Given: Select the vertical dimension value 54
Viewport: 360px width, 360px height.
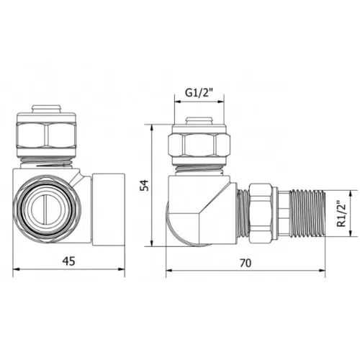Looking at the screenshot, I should [146, 185].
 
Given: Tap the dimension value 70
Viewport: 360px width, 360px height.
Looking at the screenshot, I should [244, 264].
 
